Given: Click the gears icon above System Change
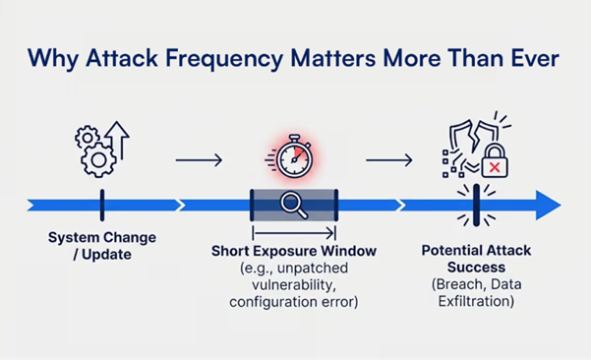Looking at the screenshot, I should [x=97, y=151].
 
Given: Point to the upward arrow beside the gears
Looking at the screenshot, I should [x=119, y=141].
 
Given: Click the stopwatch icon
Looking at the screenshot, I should [x=293, y=158].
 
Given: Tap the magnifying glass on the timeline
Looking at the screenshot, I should [x=294, y=206].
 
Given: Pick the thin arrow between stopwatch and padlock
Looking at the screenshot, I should [x=389, y=160].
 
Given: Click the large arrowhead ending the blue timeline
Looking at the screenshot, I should [x=547, y=206].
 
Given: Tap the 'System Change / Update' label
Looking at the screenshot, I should [x=101, y=246].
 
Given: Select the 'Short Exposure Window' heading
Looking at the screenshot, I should [x=293, y=251].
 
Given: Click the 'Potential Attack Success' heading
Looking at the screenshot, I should [x=477, y=259].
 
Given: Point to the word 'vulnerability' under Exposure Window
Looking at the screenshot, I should [x=293, y=284].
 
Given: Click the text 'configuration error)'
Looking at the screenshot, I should [x=293, y=301].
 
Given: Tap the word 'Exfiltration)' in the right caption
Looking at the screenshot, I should [x=477, y=301].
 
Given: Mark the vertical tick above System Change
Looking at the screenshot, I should [x=101, y=206].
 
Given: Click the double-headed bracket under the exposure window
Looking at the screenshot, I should [x=294, y=232].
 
